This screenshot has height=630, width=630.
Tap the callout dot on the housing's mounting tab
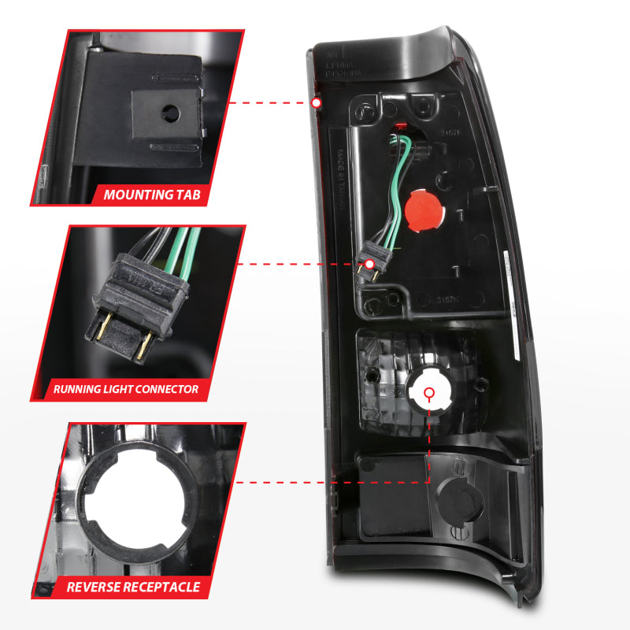click(x=316, y=103)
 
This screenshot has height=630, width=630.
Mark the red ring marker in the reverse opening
click(x=429, y=391)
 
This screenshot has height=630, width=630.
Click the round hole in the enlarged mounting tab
click(x=169, y=113)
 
